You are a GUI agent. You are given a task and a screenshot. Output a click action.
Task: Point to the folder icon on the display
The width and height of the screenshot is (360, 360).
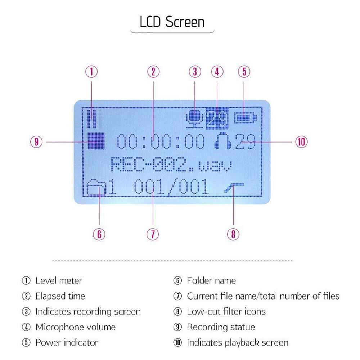click(96, 188)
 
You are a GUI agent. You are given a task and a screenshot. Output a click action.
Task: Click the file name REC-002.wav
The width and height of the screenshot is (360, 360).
click(171, 165)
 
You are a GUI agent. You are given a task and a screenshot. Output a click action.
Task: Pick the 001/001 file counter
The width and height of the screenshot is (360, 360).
click(171, 187)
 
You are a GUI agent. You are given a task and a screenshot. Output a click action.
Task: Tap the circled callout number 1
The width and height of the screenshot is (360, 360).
click(92, 72)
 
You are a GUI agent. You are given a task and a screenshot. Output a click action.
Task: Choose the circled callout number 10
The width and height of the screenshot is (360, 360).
click(301, 142)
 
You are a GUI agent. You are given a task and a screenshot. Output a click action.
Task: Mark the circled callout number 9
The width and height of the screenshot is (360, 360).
click(36, 142)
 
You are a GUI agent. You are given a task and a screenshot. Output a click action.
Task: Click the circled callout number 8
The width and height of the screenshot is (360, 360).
click(233, 234)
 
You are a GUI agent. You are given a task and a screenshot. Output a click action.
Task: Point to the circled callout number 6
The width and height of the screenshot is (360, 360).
click(99, 234)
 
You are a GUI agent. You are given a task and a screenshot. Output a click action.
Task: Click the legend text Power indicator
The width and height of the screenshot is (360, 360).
click(67, 342)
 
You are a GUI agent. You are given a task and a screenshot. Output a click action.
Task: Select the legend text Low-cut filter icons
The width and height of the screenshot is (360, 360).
click(226, 311)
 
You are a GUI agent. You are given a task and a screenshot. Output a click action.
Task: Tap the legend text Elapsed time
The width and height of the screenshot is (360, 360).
click(60, 296)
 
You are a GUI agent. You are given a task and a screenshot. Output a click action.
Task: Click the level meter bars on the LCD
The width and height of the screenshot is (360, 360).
click(93, 118)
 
